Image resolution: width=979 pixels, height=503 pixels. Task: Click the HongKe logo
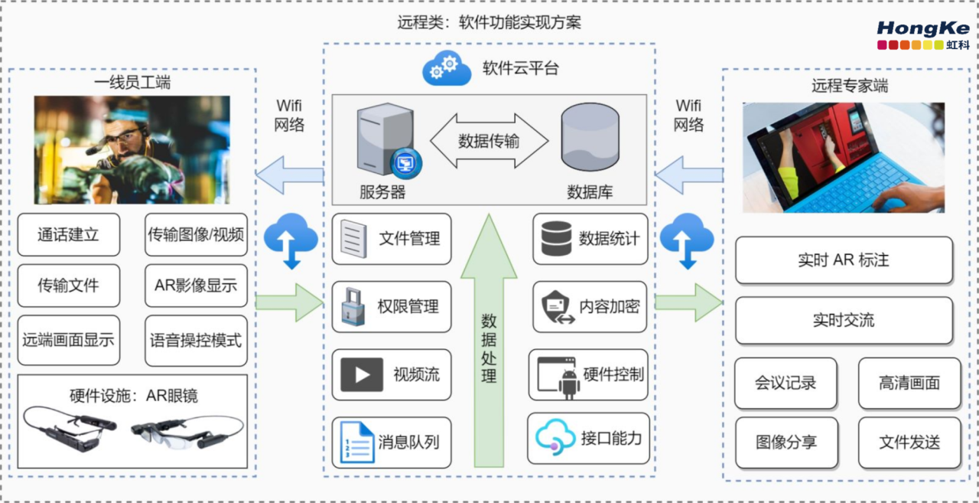coord(923,35)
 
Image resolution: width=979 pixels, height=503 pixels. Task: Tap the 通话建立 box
coord(69,235)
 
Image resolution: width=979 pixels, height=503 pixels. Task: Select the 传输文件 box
coord(69,286)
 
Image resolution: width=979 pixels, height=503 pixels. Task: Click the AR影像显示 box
coord(197,286)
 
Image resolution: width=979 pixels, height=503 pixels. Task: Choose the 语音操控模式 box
coord(197,340)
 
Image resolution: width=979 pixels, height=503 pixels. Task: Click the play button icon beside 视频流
coord(362,374)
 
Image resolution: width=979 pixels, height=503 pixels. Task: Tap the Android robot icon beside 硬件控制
coord(569,384)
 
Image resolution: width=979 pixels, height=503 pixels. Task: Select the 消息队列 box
coord(392,443)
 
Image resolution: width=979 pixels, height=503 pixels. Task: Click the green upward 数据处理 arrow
coord(489,340)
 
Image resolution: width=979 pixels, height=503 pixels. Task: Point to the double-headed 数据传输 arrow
coord(489,141)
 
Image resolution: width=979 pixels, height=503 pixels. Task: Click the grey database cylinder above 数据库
coord(590,137)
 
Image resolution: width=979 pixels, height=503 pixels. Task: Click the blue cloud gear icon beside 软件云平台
coord(447,68)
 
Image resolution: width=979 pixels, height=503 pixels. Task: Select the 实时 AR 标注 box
coord(844,260)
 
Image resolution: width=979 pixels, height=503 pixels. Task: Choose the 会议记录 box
coord(785,383)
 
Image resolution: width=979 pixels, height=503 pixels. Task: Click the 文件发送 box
coord(909,443)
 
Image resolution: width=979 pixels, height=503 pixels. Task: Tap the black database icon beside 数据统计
coord(556,238)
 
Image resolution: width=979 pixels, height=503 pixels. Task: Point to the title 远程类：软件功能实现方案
coord(489,22)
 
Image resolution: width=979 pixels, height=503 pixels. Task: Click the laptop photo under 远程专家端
coord(844,158)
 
